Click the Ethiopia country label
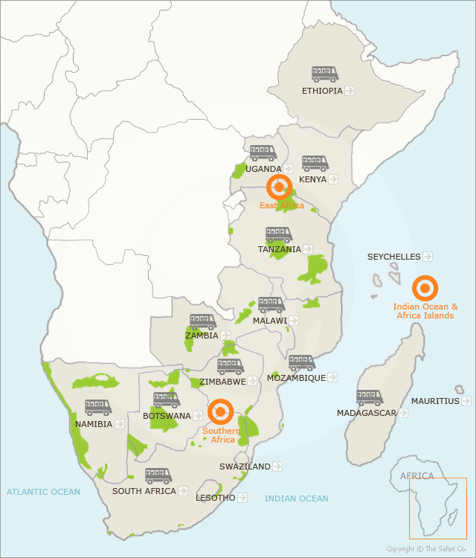(322, 91)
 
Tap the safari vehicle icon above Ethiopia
(325, 74)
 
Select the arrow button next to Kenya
(333, 179)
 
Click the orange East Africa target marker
(280, 187)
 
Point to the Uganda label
(263, 169)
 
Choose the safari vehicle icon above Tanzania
(279, 234)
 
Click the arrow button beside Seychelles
(428, 257)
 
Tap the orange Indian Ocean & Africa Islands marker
(425, 288)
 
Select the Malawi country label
(270, 321)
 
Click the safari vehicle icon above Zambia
(202, 321)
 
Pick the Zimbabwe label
(222, 382)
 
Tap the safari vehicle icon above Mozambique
(302, 363)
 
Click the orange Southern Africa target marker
(221, 411)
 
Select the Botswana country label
(167, 416)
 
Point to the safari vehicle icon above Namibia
(98, 408)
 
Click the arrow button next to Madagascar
(402, 413)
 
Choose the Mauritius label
(435, 401)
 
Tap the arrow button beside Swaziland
(277, 466)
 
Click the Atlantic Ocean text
(43, 492)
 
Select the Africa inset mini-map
(437, 508)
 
